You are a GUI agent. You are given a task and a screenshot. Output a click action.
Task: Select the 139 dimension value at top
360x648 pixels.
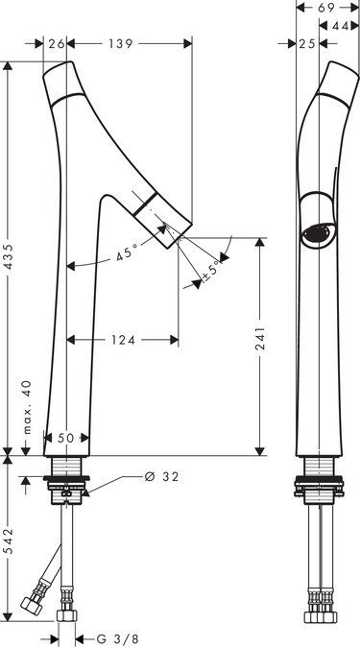[x=121, y=44]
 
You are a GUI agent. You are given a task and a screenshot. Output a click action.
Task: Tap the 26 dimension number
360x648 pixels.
[x=57, y=44]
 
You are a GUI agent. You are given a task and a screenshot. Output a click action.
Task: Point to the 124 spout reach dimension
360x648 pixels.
[x=123, y=340]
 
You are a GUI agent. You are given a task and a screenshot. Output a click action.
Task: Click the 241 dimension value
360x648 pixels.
[x=260, y=339]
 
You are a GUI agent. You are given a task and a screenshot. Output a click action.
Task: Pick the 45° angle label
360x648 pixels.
[x=127, y=252]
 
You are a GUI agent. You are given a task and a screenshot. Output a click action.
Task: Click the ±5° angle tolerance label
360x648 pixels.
[x=210, y=271]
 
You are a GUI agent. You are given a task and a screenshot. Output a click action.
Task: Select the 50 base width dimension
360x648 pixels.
[x=65, y=438]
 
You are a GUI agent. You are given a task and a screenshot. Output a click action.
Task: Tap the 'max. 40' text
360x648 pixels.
[x=27, y=407]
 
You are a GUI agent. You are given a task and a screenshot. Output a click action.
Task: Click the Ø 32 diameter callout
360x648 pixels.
[x=162, y=477]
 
